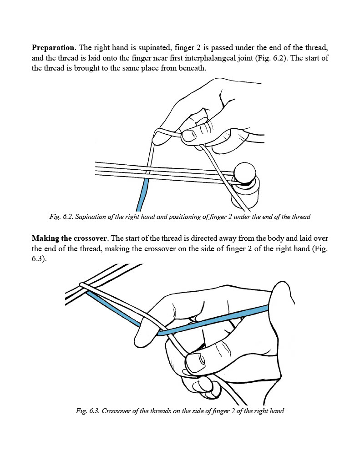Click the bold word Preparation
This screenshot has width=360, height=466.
(x=52, y=47)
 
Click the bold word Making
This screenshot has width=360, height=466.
(x=45, y=238)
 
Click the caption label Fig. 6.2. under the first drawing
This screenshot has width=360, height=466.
(x=61, y=217)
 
